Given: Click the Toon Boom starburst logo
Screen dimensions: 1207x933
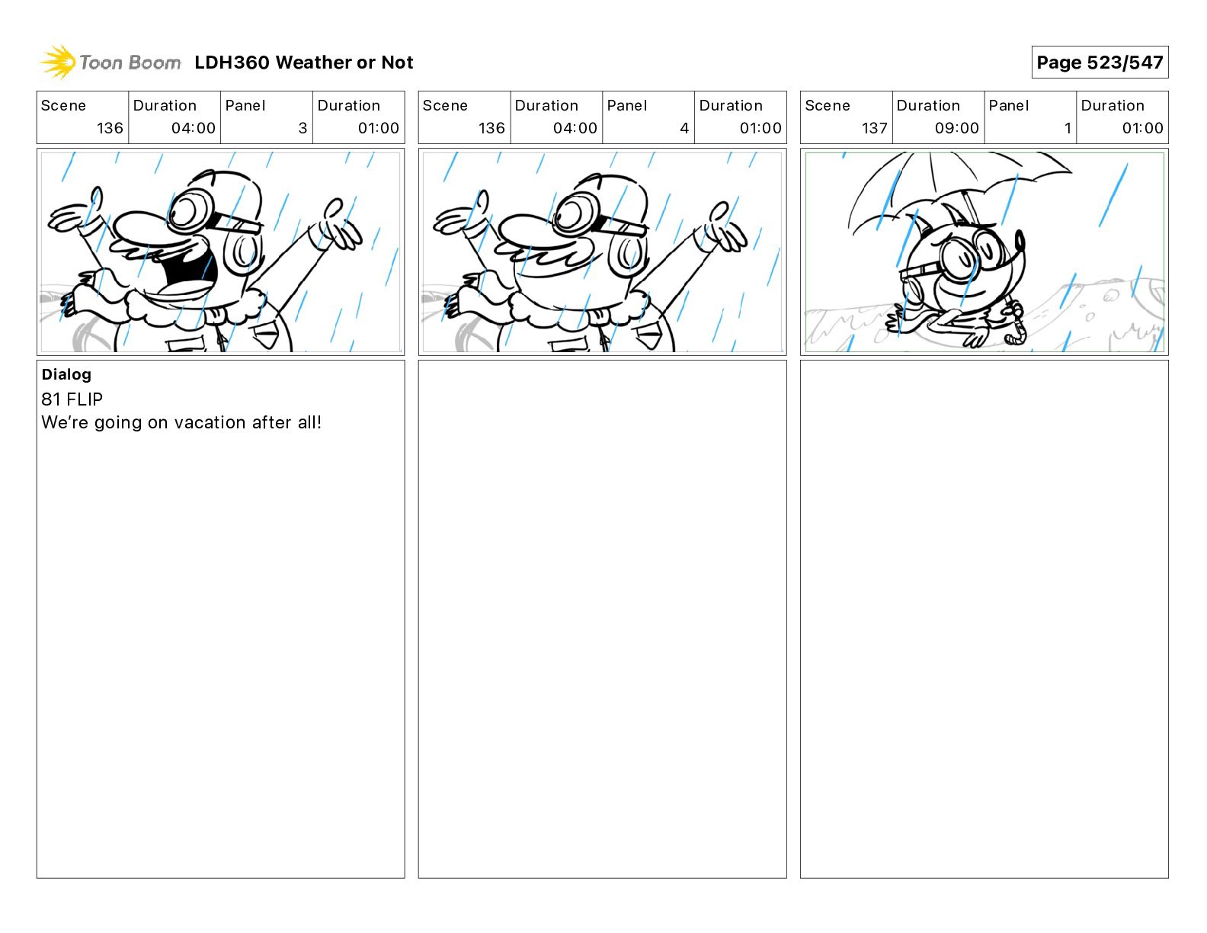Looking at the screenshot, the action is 58,63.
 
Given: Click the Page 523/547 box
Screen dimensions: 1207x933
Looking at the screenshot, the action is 1100,63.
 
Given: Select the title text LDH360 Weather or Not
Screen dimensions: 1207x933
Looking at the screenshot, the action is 304,63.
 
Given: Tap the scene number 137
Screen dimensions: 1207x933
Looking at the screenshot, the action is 874,128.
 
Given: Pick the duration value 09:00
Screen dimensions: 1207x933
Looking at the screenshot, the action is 956,128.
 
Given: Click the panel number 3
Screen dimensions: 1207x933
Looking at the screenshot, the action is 303,128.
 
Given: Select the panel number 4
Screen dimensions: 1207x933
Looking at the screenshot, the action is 684,128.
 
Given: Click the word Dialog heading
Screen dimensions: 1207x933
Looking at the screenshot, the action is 66,374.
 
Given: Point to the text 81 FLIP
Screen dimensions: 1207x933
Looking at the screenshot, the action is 72,399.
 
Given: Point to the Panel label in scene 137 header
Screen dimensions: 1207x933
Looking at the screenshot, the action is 1008,106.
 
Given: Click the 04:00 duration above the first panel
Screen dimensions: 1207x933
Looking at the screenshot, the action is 194,128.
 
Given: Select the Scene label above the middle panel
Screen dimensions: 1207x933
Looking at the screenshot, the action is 444,106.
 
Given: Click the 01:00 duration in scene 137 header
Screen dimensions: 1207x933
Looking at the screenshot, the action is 1142,128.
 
